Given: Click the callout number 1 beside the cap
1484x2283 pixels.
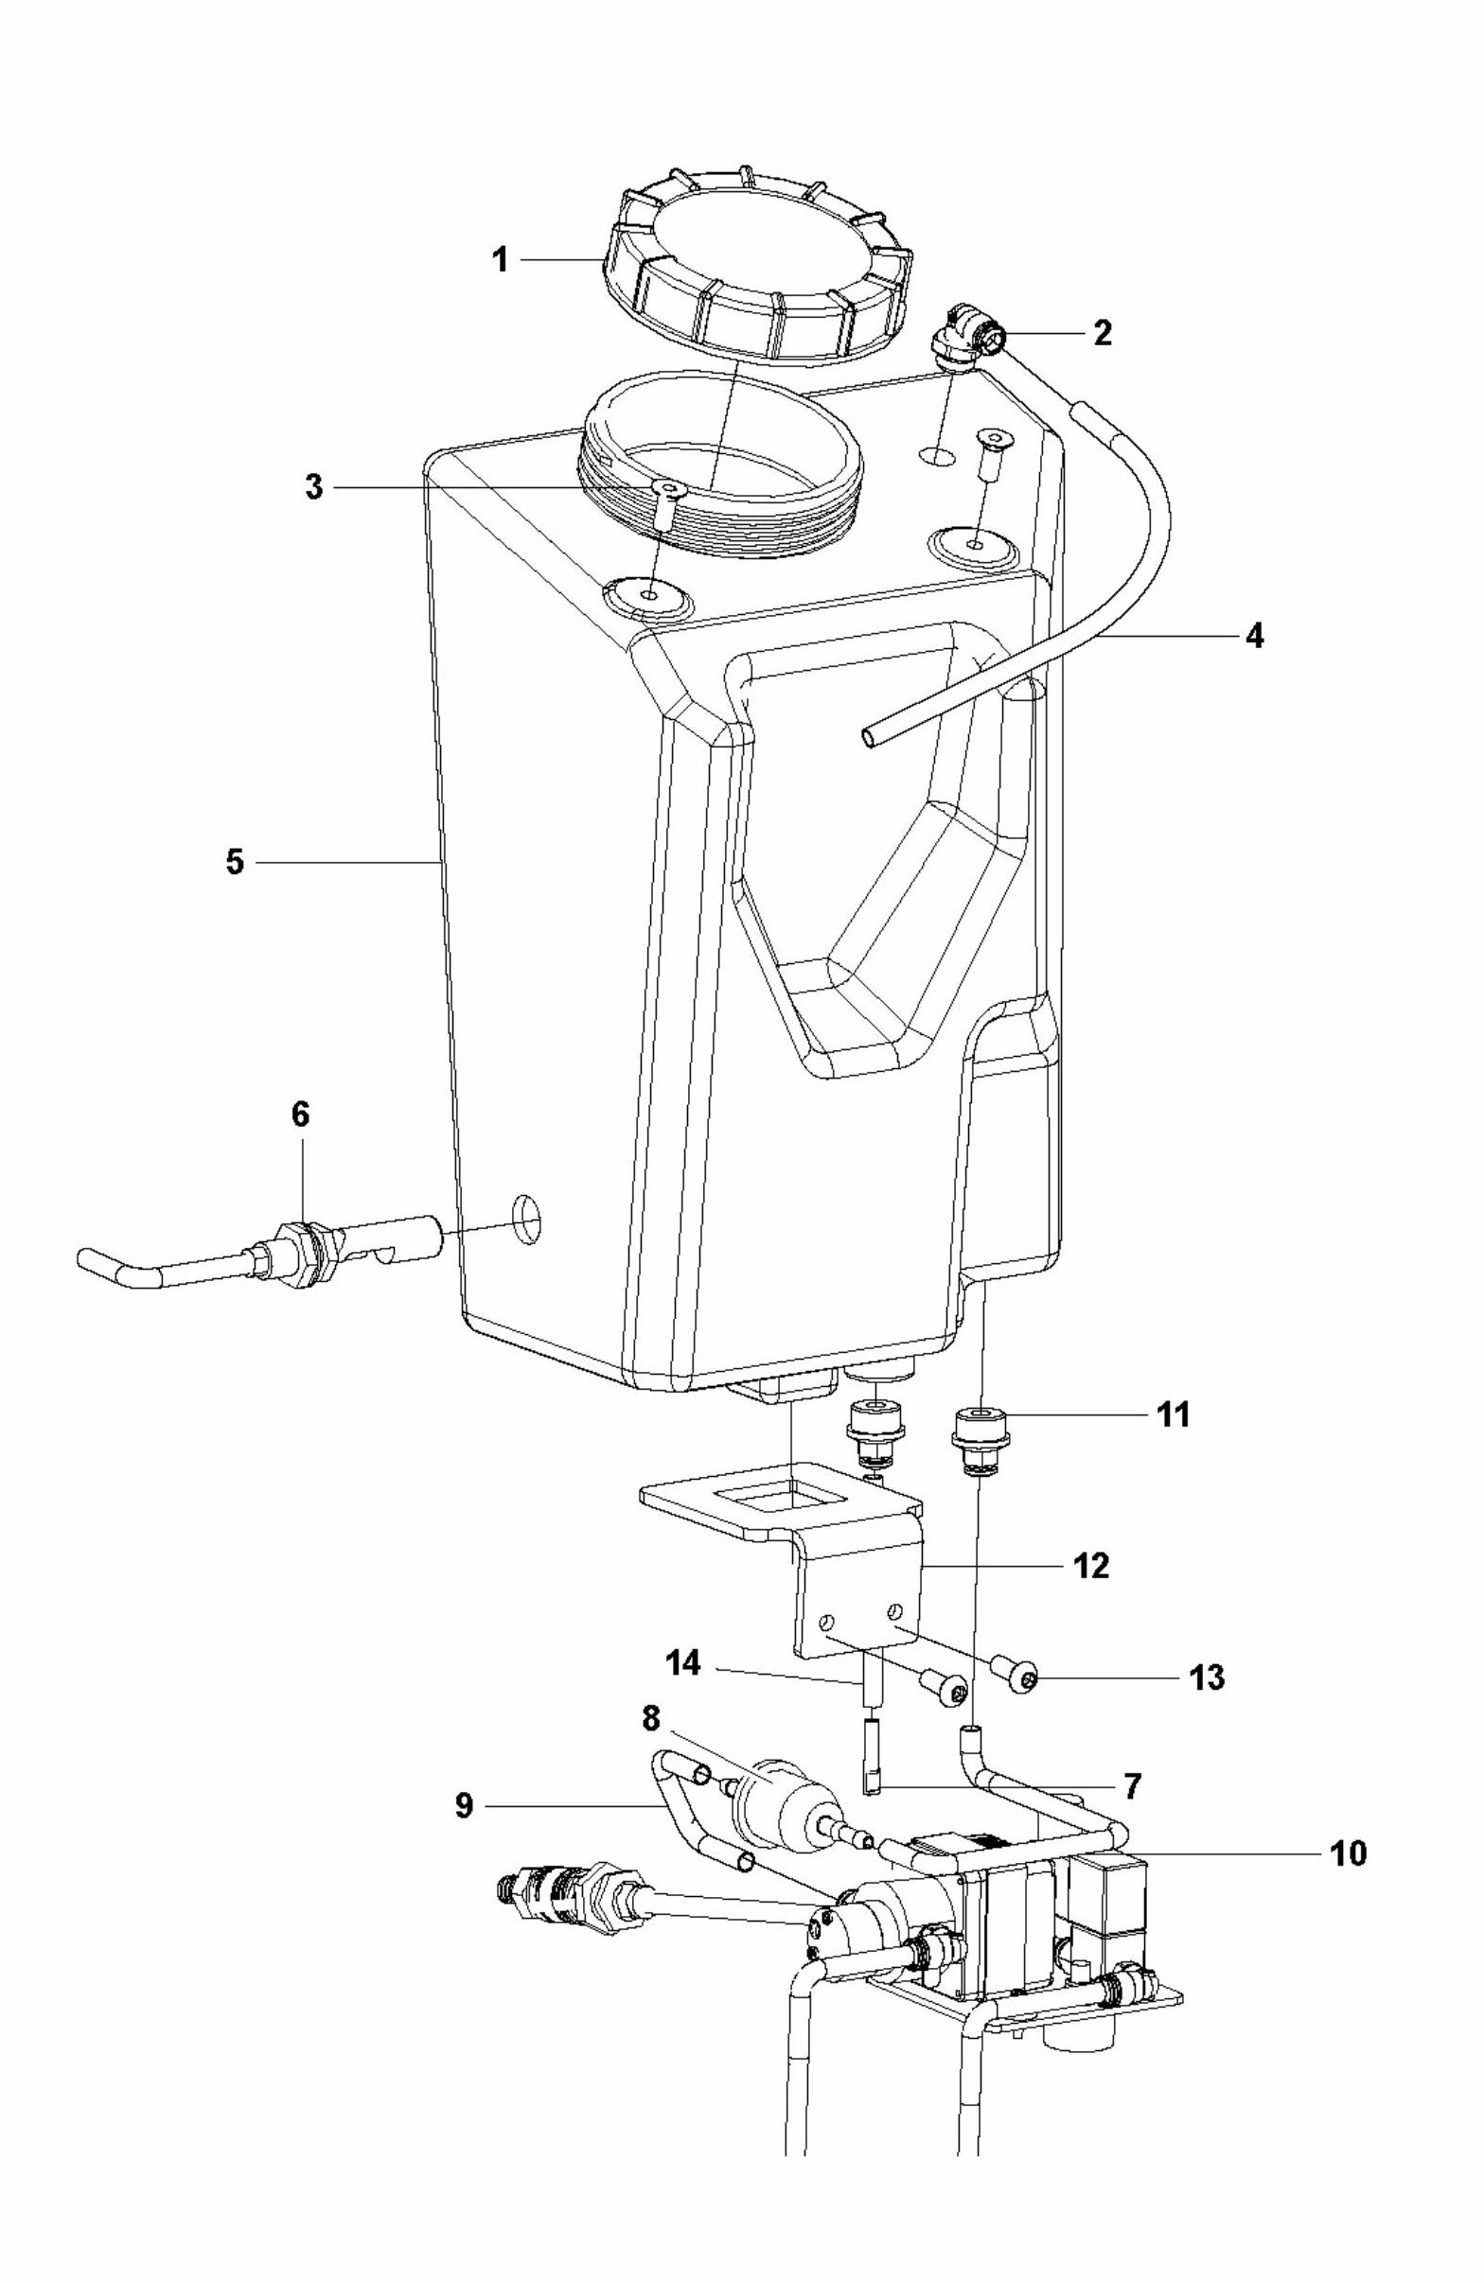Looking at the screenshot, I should (x=499, y=260).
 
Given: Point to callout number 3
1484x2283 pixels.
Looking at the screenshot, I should (x=313, y=487).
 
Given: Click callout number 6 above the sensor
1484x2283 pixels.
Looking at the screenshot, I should (x=300, y=1115).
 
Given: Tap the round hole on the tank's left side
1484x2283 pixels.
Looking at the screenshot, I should (x=525, y=1221).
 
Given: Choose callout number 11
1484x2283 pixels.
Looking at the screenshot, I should (x=1174, y=1414).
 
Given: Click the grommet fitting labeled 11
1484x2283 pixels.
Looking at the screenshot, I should (x=976, y=1427).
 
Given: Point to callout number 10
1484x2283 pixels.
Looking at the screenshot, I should (x=1348, y=1853).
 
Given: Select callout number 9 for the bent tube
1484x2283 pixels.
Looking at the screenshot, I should (x=464, y=1806).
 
